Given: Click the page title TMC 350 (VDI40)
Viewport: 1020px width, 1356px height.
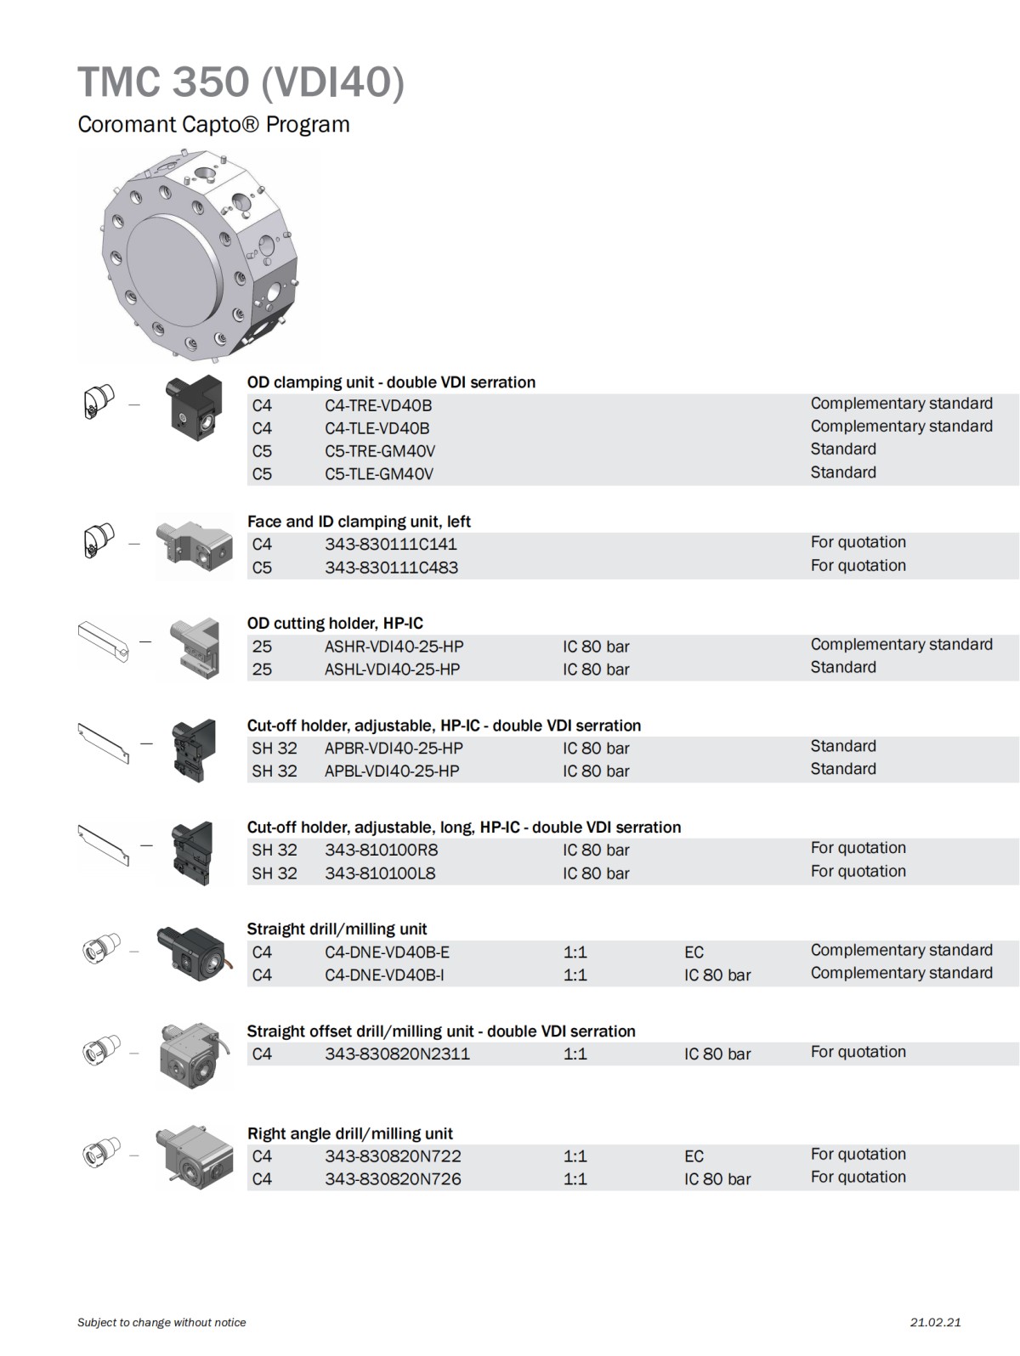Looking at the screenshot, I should [x=241, y=82].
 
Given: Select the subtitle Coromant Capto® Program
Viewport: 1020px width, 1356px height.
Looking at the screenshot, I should [x=213, y=124].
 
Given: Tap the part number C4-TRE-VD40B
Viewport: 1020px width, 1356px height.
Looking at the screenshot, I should [x=377, y=405].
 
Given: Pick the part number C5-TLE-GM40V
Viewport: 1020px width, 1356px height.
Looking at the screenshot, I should [x=378, y=474].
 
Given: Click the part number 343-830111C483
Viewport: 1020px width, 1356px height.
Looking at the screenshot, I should [x=391, y=568].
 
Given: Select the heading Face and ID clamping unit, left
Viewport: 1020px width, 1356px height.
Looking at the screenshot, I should [x=359, y=522].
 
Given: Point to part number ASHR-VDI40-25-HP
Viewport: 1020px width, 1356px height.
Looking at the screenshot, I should [x=394, y=647].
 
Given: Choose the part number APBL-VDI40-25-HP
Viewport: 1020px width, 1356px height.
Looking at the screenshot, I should [x=391, y=771].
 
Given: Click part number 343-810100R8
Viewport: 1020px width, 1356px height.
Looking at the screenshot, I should [x=381, y=850].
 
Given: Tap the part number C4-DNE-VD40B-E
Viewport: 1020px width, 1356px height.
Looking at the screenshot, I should [x=387, y=952].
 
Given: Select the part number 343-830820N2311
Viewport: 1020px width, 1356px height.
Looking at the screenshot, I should [x=397, y=1054].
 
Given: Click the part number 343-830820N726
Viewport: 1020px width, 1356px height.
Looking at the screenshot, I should [x=393, y=1179].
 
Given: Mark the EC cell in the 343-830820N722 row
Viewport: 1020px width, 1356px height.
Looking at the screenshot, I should [x=694, y=1156].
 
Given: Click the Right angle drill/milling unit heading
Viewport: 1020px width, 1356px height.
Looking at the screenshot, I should [x=349, y=1133].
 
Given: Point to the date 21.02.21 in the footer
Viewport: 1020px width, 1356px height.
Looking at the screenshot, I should [x=935, y=1322].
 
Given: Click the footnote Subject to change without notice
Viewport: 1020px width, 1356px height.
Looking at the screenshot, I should [x=161, y=1322].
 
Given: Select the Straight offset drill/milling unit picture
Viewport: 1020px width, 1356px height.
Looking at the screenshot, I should [x=194, y=1055].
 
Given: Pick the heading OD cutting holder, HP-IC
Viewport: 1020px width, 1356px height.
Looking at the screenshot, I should [x=335, y=624].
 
